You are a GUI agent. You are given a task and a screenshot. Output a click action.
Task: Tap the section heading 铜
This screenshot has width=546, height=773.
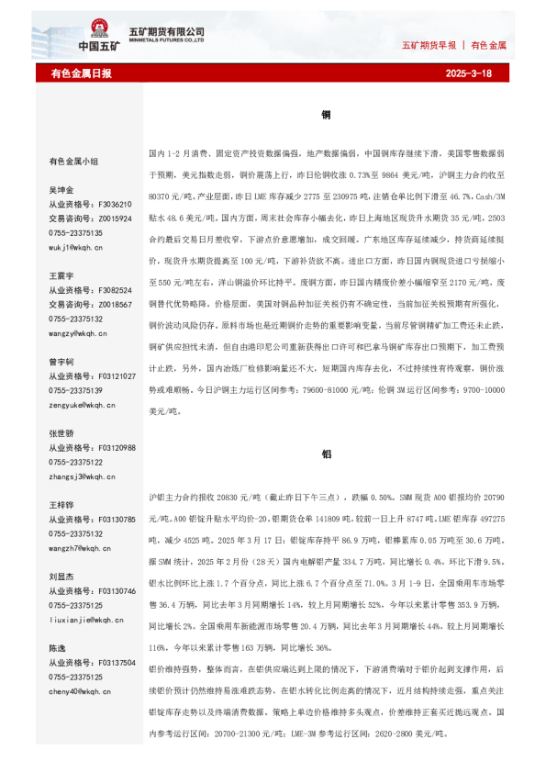326,117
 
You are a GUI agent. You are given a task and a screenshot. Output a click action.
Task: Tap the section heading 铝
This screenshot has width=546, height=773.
326,454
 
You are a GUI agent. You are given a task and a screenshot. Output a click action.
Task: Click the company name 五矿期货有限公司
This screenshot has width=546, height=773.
173,31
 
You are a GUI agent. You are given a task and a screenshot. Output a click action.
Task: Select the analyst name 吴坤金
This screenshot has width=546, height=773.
61,190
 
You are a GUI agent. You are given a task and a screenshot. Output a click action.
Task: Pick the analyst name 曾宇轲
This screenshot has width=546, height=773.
61,362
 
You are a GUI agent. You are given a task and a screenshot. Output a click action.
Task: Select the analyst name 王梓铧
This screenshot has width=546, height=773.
61,506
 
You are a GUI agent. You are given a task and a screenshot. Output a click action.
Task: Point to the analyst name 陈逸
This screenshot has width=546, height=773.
57,648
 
